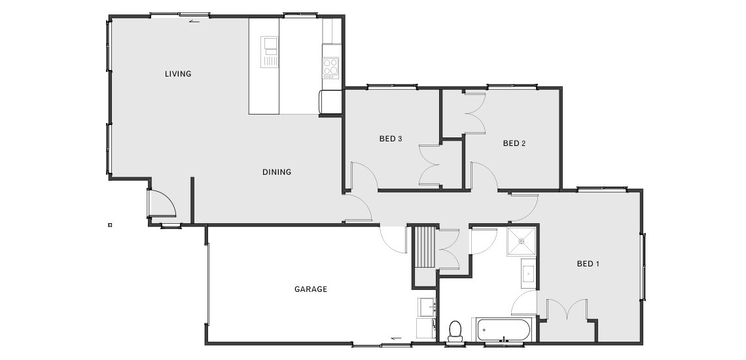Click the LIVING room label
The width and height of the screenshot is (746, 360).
(x=178, y=74)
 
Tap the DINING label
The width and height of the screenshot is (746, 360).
(x=277, y=172)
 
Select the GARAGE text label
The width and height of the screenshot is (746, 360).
(x=311, y=289)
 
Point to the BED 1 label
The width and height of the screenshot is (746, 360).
(x=588, y=263)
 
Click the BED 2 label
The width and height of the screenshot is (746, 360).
(x=514, y=143)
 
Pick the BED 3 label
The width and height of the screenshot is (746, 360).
(x=391, y=139)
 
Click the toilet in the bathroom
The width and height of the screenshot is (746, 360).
(x=455, y=331)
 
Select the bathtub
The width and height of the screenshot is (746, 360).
(x=503, y=329)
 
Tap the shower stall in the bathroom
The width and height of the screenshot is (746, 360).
(x=521, y=242)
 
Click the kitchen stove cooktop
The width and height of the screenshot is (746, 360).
(x=330, y=67)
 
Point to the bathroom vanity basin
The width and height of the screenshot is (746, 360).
(x=528, y=274)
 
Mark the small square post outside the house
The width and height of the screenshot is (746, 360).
(x=110, y=225)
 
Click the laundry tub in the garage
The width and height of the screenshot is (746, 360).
(x=427, y=307)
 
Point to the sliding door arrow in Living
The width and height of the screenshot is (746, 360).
(x=194, y=21)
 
